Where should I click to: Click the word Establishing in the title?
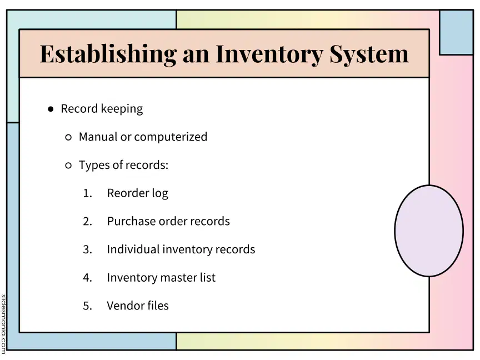click(x=108, y=54)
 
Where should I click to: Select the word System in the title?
click(x=369, y=54)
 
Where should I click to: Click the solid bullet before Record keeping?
click(x=51, y=109)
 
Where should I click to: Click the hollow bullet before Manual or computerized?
click(x=68, y=137)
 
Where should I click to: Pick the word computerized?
click(x=171, y=137)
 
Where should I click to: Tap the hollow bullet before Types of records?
click(x=68, y=166)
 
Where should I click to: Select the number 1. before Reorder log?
click(x=88, y=193)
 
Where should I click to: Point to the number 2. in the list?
click(x=88, y=221)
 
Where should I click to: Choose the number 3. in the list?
click(x=88, y=249)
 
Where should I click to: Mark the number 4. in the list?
click(x=88, y=278)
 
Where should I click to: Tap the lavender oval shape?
click(x=429, y=231)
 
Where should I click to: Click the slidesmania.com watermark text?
click(x=3, y=324)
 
